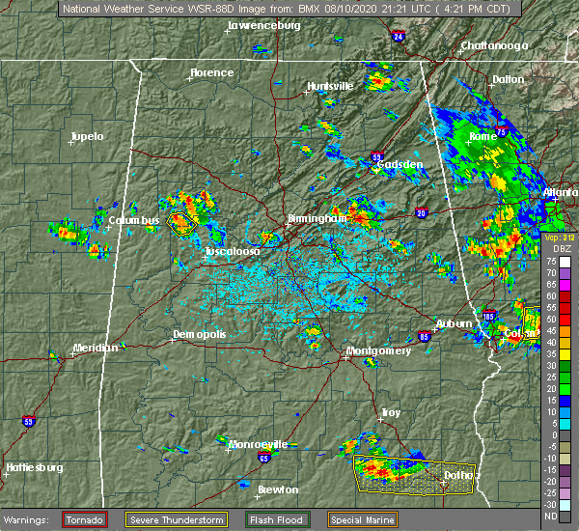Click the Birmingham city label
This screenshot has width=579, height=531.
pyautogui.click(x=317, y=219)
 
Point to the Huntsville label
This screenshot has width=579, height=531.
pyautogui.click(x=330, y=86)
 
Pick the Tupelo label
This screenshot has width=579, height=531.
pyautogui.click(x=86, y=136)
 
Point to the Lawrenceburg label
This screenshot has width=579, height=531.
pyautogui.click(x=263, y=26)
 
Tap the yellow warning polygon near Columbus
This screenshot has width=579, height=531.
pyautogui.click(x=181, y=224)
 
